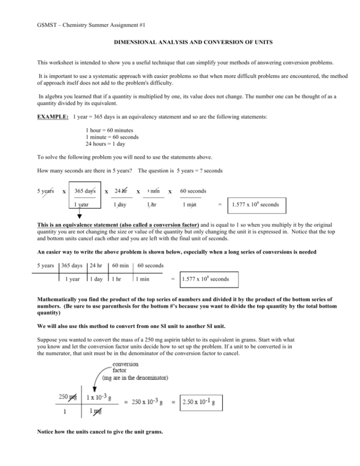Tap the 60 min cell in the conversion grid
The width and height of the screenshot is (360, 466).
[x=120, y=265]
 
